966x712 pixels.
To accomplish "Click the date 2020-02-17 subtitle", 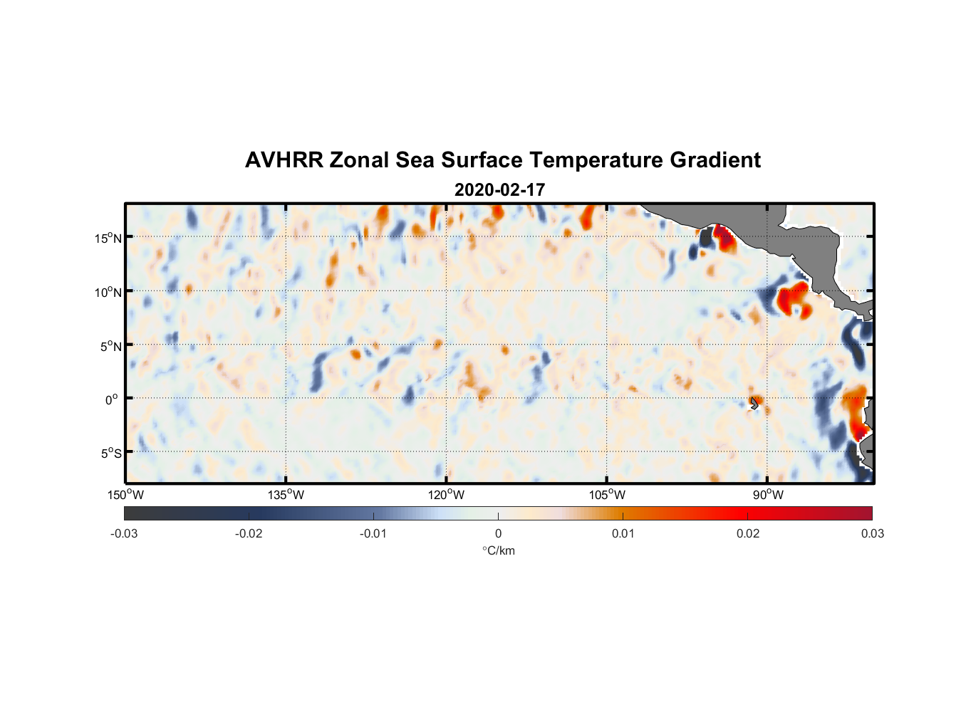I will tap(499, 190).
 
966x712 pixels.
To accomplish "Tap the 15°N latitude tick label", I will tap(108, 238).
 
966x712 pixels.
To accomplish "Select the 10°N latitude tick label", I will tap(108, 292).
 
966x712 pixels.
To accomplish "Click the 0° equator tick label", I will tap(112, 399).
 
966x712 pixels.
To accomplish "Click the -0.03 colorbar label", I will tap(124, 534).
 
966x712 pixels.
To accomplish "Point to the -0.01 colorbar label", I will tap(373, 534).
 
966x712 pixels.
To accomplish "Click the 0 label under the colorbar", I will tap(498, 534).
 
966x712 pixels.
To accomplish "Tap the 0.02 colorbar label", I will tap(748, 534).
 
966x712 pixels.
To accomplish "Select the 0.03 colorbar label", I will tap(872, 534).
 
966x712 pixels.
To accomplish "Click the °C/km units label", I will tap(498, 550).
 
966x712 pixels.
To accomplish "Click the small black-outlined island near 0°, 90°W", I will tap(754, 403).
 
